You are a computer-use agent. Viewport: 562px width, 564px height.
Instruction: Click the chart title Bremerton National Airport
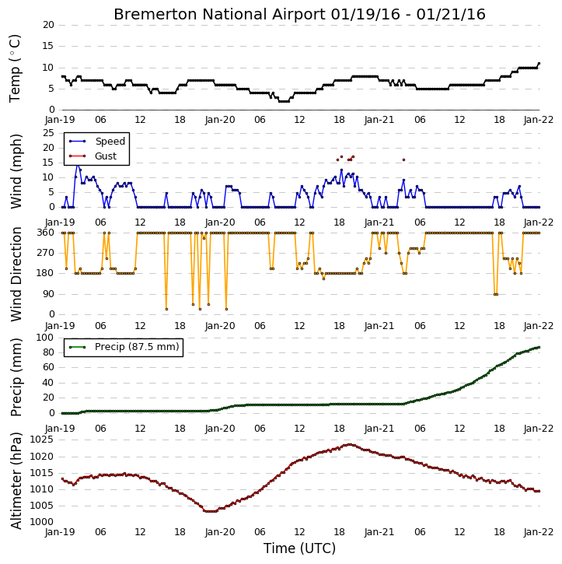[219, 14]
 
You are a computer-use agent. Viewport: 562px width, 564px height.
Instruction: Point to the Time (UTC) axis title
[299, 548]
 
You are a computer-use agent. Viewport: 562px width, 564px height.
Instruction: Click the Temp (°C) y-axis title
[15, 68]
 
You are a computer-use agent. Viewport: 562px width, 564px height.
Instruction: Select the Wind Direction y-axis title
[16, 274]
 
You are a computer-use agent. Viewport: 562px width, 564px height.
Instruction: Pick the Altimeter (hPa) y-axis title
[16, 481]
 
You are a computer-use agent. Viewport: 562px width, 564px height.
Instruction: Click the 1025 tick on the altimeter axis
[42, 440]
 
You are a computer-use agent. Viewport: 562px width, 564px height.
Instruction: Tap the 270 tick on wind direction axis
[46, 253]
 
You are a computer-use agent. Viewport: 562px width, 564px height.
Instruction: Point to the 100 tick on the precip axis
[45, 338]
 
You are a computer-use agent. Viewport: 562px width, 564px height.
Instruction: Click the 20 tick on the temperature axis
[48, 25]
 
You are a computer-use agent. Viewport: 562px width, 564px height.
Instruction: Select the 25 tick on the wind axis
[48, 133]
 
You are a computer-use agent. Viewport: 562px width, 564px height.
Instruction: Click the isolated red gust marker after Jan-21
[403, 159]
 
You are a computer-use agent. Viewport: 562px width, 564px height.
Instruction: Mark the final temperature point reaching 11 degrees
[539, 64]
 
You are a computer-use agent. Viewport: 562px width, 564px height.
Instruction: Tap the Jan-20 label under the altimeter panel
[220, 532]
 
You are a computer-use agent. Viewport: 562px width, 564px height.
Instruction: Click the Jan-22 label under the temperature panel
[538, 120]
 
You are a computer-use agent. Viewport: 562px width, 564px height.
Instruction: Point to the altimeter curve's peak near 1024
[349, 444]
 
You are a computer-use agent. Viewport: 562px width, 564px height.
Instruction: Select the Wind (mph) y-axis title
[16, 171]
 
